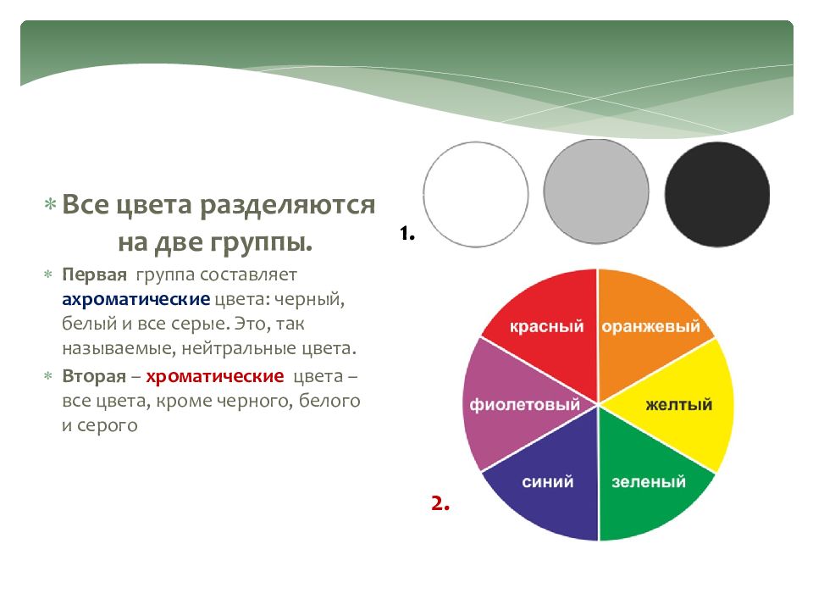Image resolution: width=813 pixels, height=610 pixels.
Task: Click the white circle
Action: (475, 195)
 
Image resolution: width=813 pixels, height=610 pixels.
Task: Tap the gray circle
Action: (596, 191)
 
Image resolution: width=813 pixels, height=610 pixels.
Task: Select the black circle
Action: (717, 194)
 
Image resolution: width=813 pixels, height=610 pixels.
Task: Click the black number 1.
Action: (407, 234)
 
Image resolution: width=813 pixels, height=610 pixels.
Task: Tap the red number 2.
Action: (440, 502)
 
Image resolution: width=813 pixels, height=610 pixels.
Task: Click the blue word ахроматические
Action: (135, 299)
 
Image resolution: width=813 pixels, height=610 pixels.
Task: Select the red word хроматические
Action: (214, 376)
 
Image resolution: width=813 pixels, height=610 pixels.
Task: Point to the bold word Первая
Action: (94, 274)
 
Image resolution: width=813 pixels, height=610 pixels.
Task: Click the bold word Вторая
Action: (94, 376)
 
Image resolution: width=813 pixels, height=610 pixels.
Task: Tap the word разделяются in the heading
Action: (287, 205)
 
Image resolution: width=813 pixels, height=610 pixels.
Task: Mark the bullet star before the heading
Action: (50, 204)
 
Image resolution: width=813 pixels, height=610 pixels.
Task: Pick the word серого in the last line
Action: (108, 426)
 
